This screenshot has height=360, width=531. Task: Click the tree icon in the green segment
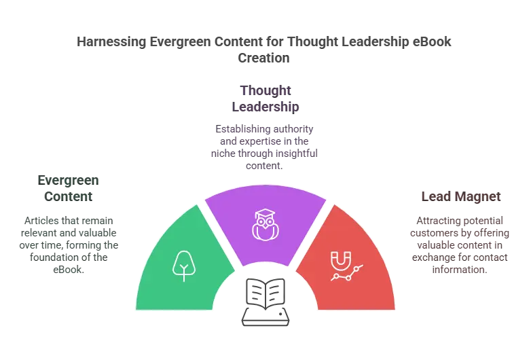182,266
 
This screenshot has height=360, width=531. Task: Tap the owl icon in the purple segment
265,224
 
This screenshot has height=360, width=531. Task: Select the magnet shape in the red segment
340,259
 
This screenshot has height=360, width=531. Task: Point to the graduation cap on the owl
265,214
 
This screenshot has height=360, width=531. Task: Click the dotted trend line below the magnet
346,273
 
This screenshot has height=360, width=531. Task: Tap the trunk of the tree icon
182,275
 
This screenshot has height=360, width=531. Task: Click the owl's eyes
265,223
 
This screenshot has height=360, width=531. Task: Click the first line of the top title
265,42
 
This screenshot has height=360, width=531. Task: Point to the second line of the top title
265,59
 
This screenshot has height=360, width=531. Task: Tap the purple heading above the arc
265,98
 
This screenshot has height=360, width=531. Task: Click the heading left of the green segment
69,187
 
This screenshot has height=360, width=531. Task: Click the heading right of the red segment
462,196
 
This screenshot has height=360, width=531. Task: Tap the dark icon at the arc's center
265,293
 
